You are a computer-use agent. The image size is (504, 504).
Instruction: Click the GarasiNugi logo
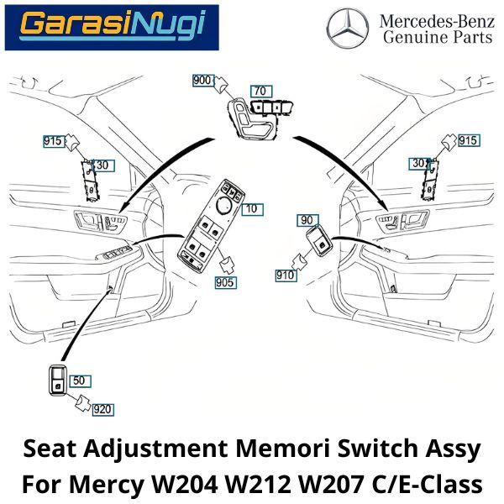(x=111, y=27)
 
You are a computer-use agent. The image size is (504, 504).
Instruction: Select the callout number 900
(x=203, y=81)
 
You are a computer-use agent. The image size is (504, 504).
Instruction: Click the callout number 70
(x=260, y=91)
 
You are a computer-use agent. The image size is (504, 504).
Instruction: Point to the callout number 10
(x=250, y=207)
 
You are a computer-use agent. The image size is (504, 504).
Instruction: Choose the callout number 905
(x=225, y=282)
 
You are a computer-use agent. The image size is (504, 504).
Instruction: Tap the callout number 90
(x=307, y=219)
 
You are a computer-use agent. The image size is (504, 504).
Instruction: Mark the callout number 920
(x=102, y=409)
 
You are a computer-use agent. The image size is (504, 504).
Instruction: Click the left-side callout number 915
(x=53, y=141)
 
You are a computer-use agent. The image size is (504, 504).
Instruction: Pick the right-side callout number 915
(x=468, y=140)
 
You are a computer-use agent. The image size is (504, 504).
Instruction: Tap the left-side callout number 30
(x=102, y=165)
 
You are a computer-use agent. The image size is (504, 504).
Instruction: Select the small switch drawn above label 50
(x=59, y=379)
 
